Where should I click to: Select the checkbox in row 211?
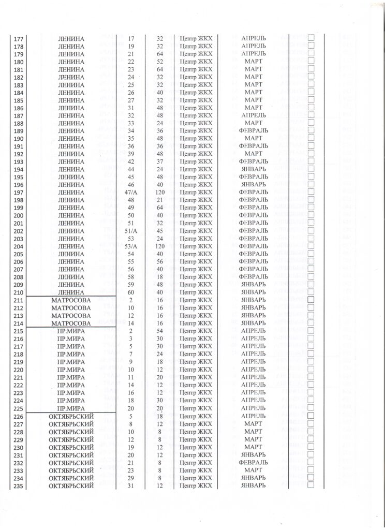click(x=311, y=300)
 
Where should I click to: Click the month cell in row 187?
click(x=254, y=115)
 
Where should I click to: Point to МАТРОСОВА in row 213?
click(x=71, y=315)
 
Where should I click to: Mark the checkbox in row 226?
click(x=311, y=416)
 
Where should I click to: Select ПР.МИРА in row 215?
click(x=71, y=331)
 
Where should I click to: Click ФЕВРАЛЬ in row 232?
click(x=254, y=462)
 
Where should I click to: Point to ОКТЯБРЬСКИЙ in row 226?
click(x=71, y=416)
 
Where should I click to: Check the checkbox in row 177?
click(x=311, y=38)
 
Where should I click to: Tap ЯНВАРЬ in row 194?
click(x=254, y=169)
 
